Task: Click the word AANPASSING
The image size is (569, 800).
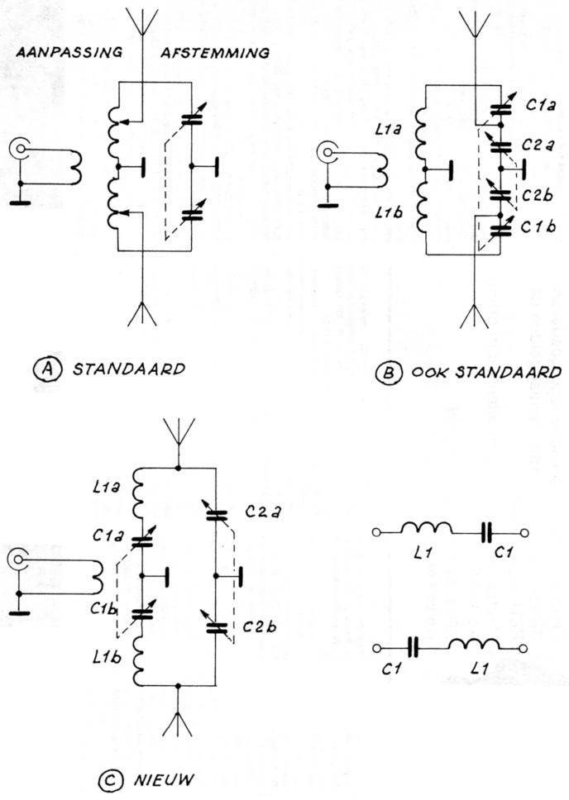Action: (x=69, y=52)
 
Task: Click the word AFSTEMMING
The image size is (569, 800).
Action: (x=214, y=52)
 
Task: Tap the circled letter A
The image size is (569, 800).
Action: (x=42, y=369)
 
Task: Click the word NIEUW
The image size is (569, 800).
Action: (x=163, y=778)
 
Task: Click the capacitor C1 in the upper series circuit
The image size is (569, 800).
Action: (x=486, y=534)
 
